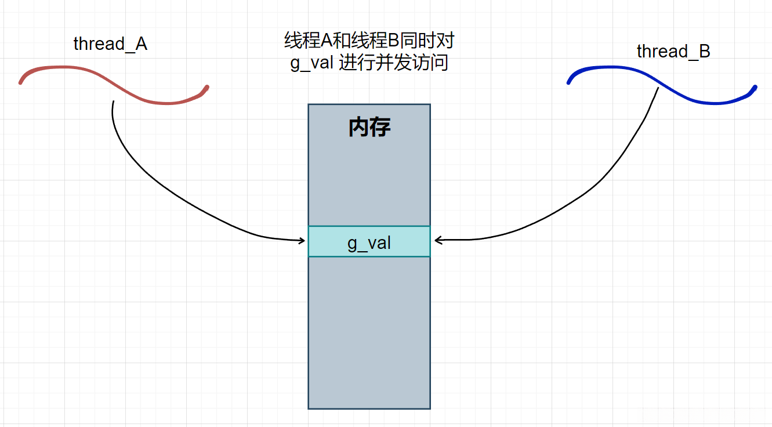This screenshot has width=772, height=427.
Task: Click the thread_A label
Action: [110, 44]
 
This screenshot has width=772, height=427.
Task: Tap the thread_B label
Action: [673, 52]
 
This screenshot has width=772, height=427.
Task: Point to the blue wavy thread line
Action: [661, 87]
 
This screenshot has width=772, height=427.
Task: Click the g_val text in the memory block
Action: [369, 242]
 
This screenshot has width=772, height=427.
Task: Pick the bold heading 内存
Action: [369, 128]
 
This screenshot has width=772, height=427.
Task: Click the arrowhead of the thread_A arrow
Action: [302, 240]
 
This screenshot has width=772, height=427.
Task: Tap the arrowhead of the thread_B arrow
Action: [437, 240]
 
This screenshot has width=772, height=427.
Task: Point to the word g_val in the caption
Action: [311, 62]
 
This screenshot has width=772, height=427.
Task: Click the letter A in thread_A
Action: [141, 44]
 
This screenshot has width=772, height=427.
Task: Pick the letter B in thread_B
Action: [704, 52]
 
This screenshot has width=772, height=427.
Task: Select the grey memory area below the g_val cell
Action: [369, 331]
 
